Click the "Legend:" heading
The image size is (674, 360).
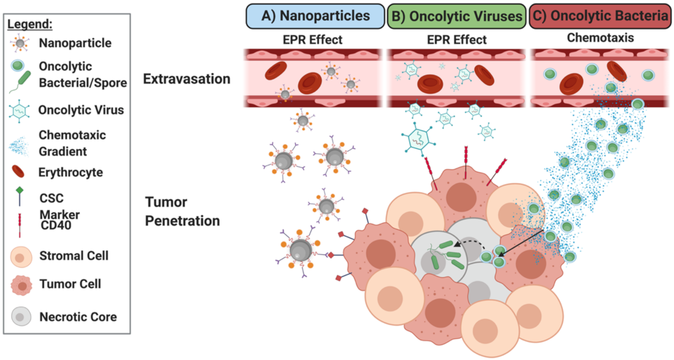point(31,25)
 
